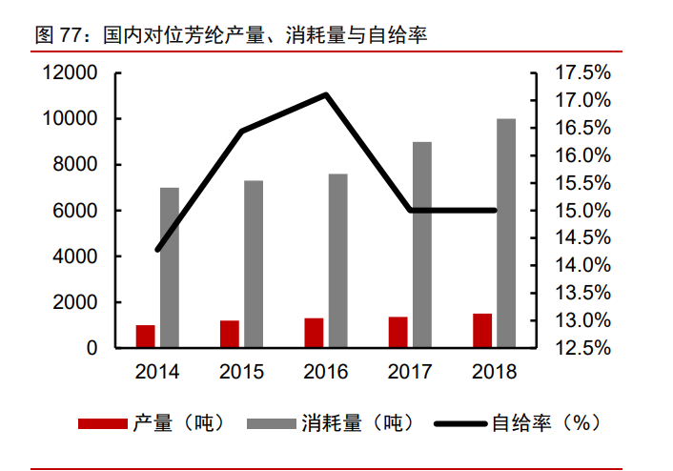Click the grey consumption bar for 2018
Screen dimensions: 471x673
click(506, 234)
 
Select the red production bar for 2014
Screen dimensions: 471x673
click(145, 337)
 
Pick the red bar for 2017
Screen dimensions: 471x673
click(398, 333)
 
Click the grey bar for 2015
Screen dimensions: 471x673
click(254, 264)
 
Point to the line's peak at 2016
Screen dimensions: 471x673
click(326, 94)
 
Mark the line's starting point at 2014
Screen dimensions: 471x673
click(157, 250)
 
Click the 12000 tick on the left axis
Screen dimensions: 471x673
click(71, 73)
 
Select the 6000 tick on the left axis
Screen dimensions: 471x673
click(76, 211)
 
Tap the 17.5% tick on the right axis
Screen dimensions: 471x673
click(581, 73)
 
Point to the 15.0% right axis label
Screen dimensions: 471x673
click(581, 211)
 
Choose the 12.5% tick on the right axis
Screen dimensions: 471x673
click(581, 348)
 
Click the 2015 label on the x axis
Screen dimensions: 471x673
click(241, 372)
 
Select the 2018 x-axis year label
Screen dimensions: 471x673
click(494, 372)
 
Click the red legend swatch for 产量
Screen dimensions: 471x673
click(100, 423)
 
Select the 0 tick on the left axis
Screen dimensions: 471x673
click(92, 348)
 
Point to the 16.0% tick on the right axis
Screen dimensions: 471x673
click(581, 155)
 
